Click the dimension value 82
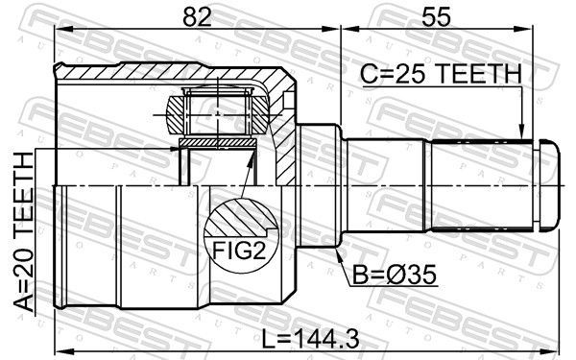coord(198,17)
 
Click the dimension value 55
coord(436,17)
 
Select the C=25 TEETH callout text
coord(441,74)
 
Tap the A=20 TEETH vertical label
coord(23,232)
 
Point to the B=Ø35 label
coord(395,275)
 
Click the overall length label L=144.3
coord(310,339)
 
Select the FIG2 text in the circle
coord(239,251)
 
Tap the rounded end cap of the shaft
coord(549,185)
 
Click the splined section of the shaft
coord(481,186)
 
